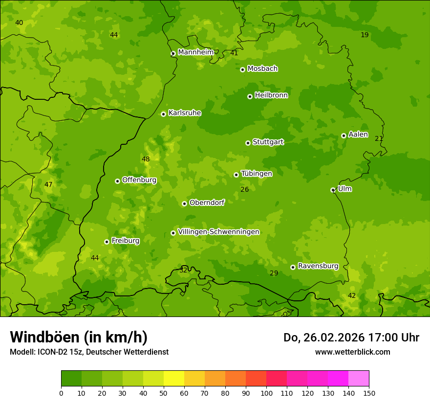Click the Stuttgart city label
coord(268,142)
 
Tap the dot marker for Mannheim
coord(173,54)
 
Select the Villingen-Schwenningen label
coord(218,232)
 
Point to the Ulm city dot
coord(333,190)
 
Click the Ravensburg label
coord(318,266)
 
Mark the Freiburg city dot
coord(107,242)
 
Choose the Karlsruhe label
coord(184,113)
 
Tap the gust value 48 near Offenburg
coord(146,159)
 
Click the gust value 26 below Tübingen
coord(245,189)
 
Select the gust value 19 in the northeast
coord(365,35)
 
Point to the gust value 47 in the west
coord(48,184)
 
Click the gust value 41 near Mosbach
coord(234,53)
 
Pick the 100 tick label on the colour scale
coord(266,393)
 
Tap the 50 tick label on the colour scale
coord(164,393)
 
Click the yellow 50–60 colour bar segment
coord(174,379)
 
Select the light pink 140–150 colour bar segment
coord(359,379)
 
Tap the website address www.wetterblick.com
coord(352,352)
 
